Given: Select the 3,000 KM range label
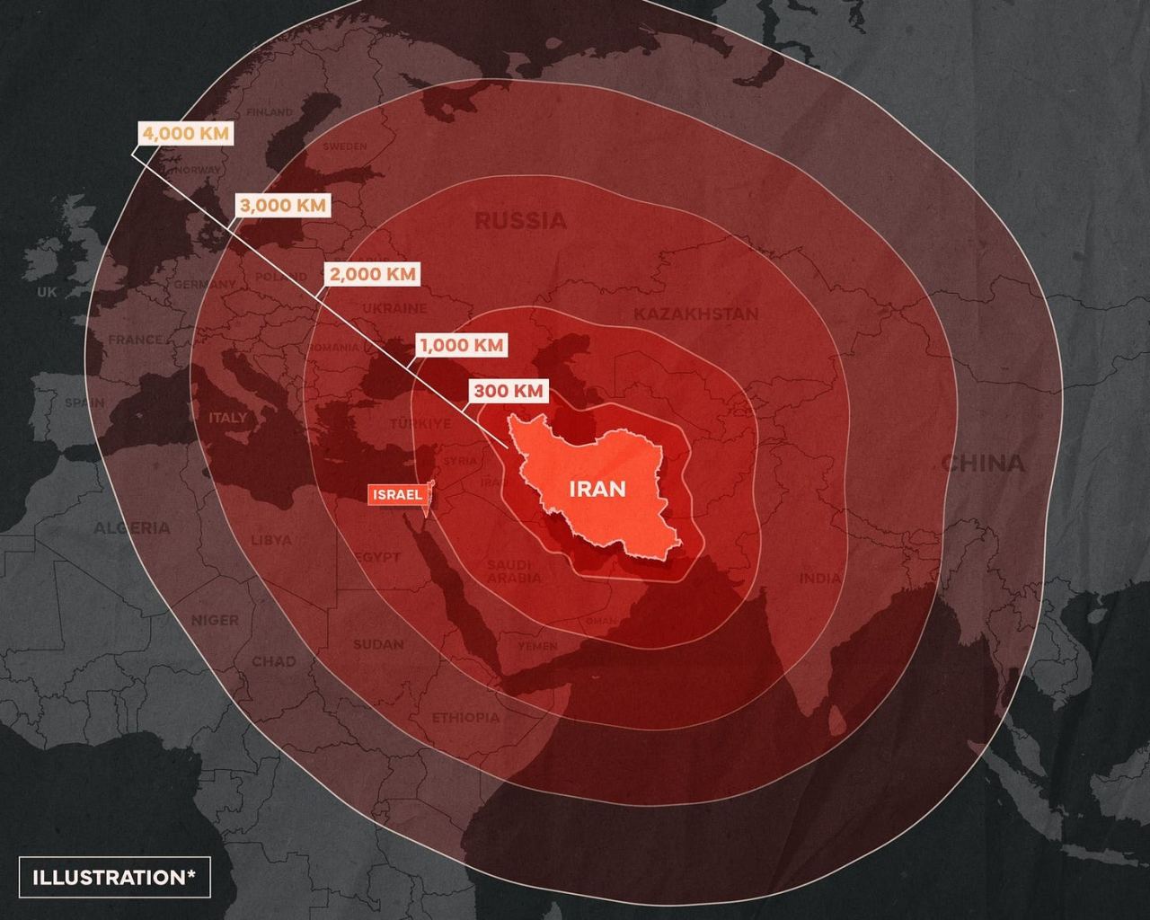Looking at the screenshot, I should tap(283, 205).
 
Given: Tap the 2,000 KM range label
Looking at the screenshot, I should tap(373, 274).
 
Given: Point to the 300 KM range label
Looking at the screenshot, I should tap(509, 391).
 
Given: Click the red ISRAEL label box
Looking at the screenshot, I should tap(396, 495).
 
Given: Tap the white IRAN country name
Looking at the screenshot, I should tap(597, 489).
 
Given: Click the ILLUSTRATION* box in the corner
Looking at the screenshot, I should tap(114, 877).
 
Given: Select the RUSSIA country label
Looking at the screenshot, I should tap(520, 220).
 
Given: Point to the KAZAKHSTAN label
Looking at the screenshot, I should tap(695, 314).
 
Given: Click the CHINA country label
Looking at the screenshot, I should tap(983, 463).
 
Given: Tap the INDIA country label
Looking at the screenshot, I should tap(820, 579).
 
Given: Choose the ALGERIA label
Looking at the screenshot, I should tap(132, 527).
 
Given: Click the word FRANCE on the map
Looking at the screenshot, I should tap(136, 340).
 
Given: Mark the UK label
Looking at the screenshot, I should tap(46, 292).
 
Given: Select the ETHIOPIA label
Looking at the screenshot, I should tap(465, 717).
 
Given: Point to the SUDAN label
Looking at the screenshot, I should tap(378, 644).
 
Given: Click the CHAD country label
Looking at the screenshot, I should tap(273, 661).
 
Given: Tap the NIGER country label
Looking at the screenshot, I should tap(215, 620).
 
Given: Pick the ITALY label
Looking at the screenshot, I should tap(227, 418).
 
